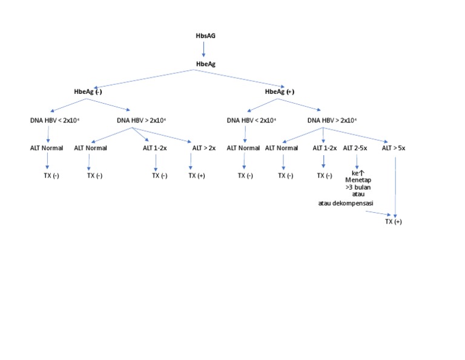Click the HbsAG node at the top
pos(206,36)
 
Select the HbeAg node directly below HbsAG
pos(206,64)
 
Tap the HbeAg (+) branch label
pos(280,92)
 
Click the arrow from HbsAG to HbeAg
pos(204,50)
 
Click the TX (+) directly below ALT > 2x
pos(197,176)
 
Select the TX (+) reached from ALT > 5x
pos(394,222)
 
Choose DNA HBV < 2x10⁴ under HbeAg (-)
pos(54,120)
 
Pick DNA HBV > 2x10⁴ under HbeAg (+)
pos(332,120)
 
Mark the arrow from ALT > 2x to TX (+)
pos(191,161)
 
